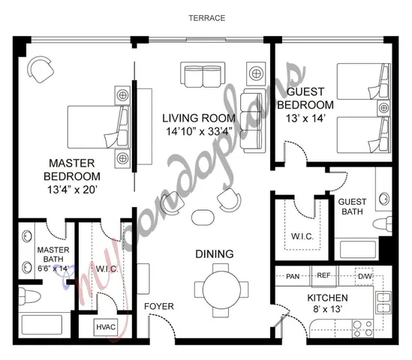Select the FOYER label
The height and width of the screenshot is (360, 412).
[x=159, y=306]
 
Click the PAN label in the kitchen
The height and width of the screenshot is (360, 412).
[x=293, y=276]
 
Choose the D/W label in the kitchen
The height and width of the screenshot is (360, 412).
[x=365, y=276]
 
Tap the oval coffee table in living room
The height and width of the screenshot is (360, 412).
[x=203, y=217]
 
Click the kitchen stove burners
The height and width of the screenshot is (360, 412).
[x=362, y=327]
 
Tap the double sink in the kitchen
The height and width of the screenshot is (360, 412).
[x=383, y=301]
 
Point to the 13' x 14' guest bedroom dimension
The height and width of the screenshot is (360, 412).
[x=307, y=118]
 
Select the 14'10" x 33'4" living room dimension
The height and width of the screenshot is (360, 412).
[x=200, y=132]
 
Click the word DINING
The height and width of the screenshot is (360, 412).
[x=215, y=253]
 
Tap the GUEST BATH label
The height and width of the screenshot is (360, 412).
[x=353, y=208]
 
